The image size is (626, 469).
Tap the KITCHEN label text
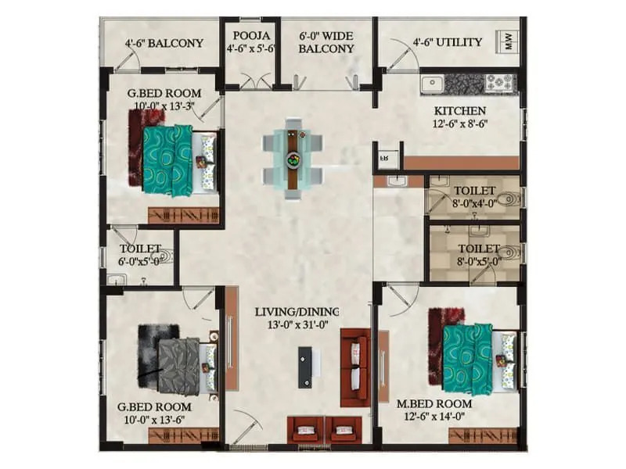click(460, 111)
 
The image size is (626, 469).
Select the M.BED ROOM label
click(434, 403)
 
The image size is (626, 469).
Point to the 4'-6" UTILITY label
click(448, 41)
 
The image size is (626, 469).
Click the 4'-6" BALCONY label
click(164, 43)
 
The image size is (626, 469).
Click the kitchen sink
click(433, 81)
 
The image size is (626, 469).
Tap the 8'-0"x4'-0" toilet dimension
click(473, 203)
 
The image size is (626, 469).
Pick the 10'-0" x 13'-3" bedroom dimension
click(163, 106)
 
